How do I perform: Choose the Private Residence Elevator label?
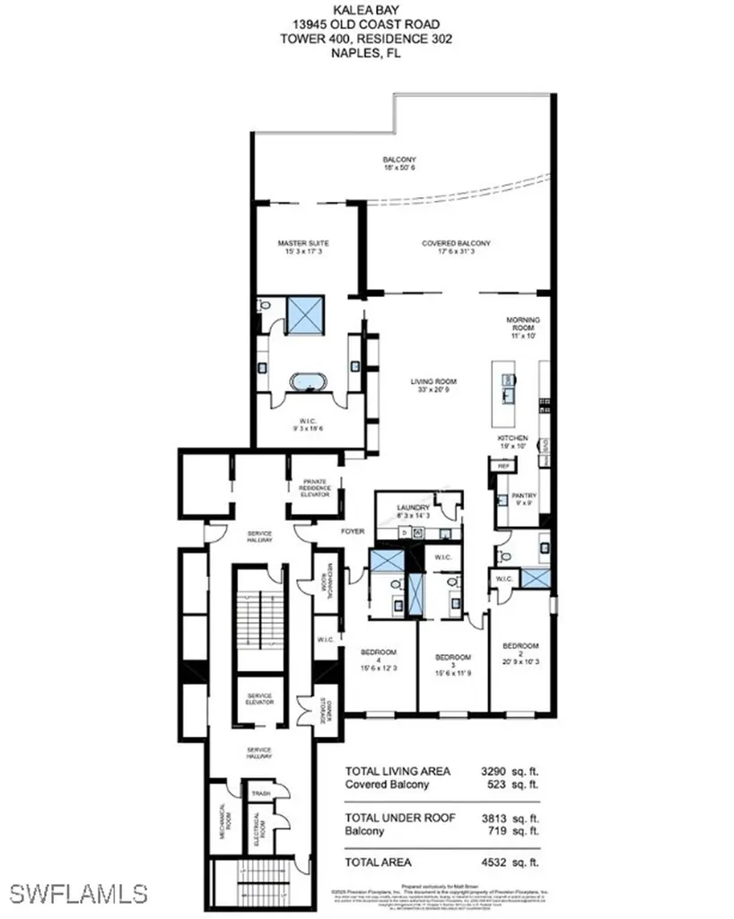[316, 487]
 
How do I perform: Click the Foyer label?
[353, 531]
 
